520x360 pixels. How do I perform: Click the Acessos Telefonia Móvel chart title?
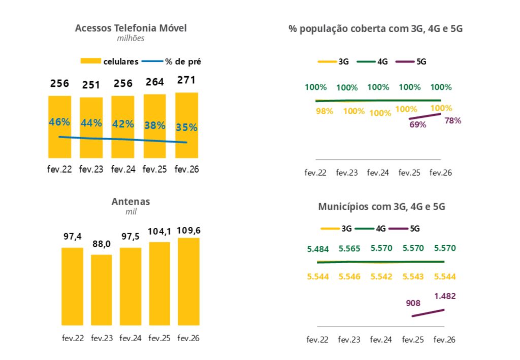click(131, 28)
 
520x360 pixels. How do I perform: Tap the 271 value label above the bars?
click(186, 80)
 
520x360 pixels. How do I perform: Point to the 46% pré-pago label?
click(59, 122)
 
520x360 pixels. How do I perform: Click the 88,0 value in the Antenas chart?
click(102, 244)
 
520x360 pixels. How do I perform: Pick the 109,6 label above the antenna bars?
click(188, 231)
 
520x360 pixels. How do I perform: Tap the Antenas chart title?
click(131, 202)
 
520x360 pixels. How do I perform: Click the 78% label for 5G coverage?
click(452, 121)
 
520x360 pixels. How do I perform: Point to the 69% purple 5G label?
click(417, 124)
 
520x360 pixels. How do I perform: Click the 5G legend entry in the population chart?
click(414, 61)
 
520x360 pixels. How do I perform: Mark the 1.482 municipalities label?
click(445, 296)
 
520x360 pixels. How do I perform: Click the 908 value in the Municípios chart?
click(413, 303)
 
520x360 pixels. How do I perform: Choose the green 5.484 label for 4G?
click(318, 249)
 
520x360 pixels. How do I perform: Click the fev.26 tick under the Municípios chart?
click(445, 340)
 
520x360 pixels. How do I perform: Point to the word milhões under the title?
click(131, 38)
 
